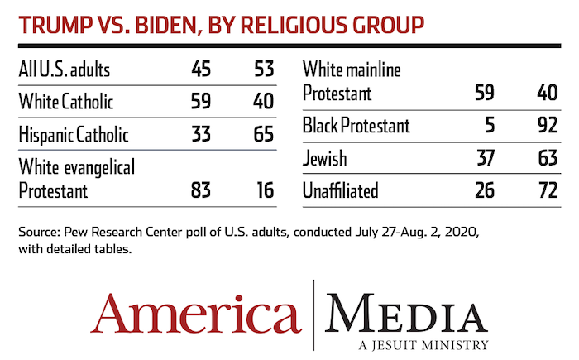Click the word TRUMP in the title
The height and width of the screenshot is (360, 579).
point(55,25)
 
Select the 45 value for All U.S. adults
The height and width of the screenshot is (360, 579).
point(201,70)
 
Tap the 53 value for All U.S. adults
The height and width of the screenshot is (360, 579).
point(264,70)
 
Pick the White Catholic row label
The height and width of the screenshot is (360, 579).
point(66,101)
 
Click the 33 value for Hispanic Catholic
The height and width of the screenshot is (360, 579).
point(201,134)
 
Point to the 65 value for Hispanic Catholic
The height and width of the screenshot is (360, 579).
point(264,134)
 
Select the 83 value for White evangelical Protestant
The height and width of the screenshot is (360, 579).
point(201,190)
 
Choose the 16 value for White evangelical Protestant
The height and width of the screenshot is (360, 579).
point(266,190)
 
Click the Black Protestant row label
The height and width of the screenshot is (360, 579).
point(356,125)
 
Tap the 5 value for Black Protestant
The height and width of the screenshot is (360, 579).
point(490,125)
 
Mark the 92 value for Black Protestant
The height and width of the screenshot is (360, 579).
point(548,125)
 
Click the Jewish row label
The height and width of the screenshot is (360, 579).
point(324,158)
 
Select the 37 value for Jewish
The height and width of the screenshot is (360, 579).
point(486,158)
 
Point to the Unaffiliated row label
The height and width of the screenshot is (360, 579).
point(341,190)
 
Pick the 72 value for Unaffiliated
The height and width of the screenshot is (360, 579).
point(548,190)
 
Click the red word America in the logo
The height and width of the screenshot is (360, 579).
point(196,313)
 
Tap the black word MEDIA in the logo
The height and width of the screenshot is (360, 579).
point(407,313)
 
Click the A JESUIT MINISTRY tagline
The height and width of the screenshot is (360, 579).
point(423,345)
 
